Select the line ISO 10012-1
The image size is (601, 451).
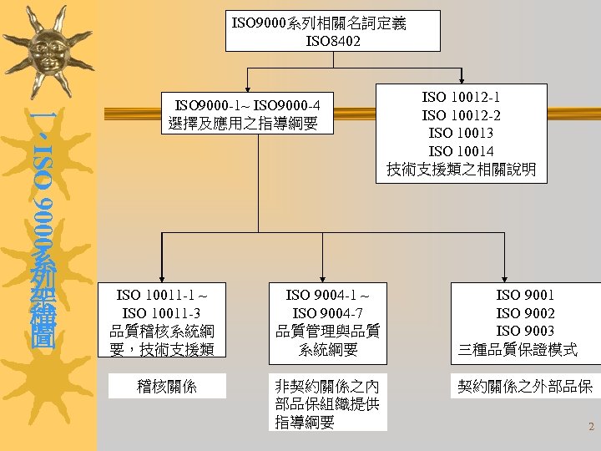tap(462, 98)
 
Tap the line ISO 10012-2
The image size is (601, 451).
tap(462, 115)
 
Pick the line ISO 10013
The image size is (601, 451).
tap(462, 134)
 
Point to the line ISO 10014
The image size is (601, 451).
tap(462, 151)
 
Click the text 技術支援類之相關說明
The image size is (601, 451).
tap(462, 170)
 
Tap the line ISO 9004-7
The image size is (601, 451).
tap(327, 312)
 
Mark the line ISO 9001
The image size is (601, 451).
tap(525, 294)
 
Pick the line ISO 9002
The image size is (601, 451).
tap(525, 312)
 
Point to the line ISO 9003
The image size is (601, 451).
tap(525, 331)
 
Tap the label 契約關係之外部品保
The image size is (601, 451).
tap(525, 386)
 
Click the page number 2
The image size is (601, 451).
tap(591, 427)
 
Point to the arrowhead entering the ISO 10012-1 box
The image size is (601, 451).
tap(462, 79)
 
